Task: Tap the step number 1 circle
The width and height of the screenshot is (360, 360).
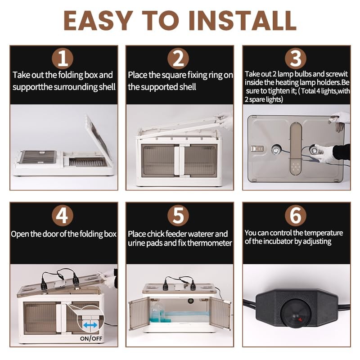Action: pos(63,58)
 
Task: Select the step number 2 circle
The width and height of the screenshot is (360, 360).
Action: pos(178,58)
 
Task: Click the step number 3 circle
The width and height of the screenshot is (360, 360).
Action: pos(296,58)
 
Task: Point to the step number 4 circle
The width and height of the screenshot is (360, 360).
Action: pos(63,216)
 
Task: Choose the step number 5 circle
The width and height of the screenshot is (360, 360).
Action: pos(178,216)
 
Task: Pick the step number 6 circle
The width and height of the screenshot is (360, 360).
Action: pos(296,216)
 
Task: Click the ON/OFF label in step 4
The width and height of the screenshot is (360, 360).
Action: pos(91,338)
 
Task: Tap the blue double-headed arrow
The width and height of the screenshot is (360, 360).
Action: pos(90,325)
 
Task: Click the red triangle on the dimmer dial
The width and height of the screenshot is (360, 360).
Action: pos(300,319)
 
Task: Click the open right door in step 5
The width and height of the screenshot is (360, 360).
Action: pos(220,313)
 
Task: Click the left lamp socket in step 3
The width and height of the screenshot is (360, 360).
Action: pos(275,150)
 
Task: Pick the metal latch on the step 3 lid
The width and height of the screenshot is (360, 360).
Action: pos(257,149)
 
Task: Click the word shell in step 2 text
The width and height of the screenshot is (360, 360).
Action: pos(188,87)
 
